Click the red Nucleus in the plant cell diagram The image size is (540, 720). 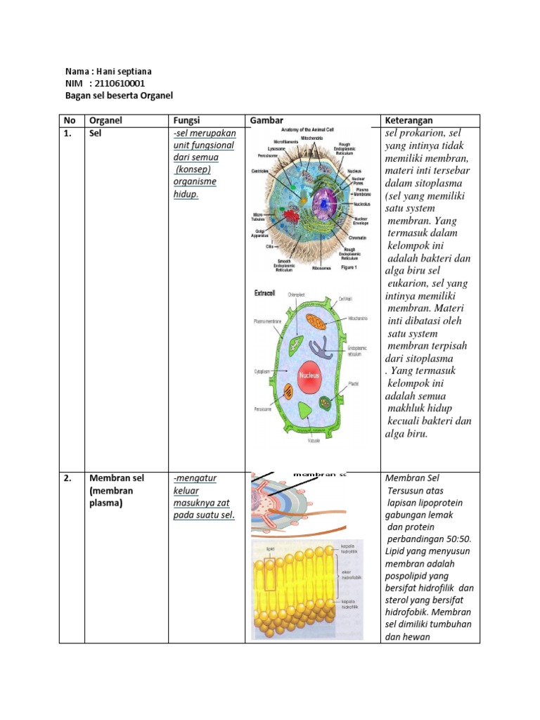point(310,375)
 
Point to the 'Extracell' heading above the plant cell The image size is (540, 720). point(265,292)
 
